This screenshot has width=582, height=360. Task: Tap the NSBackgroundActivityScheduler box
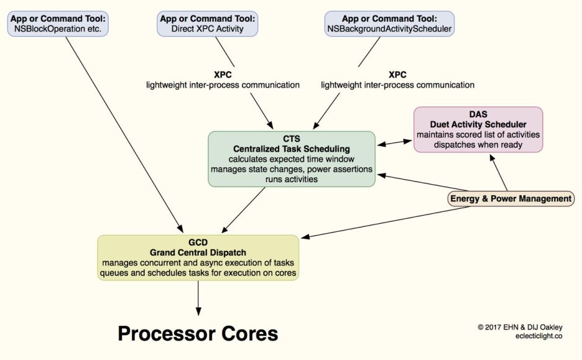point(389,24)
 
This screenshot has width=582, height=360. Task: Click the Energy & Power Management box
point(510,199)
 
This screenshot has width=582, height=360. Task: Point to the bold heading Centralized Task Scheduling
point(291,149)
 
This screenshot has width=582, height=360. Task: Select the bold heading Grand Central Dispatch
point(198,252)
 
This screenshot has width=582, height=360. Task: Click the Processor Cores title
point(198,334)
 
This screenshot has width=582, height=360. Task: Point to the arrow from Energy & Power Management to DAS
point(500,173)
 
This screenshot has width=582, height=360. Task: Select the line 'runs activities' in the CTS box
point(291,179)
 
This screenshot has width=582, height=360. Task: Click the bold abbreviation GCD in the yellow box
point(198,242)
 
